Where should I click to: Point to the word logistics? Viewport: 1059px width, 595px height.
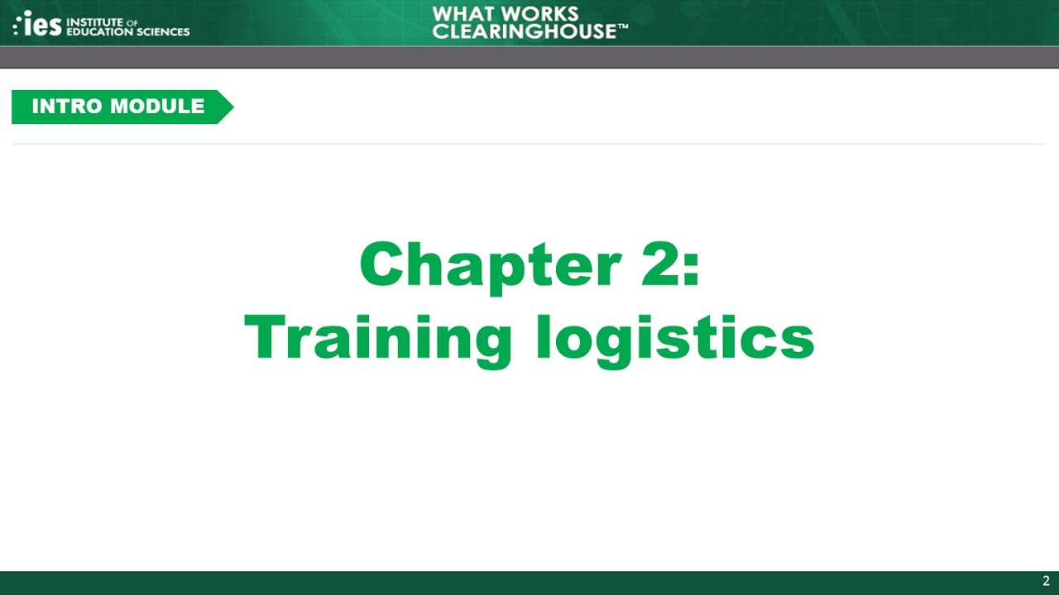(x=675, y=340)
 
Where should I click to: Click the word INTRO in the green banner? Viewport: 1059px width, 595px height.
(x=68, y=107)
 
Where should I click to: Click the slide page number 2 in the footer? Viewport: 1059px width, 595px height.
(x=1046, y=581)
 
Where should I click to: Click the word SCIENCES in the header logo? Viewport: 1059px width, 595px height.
(x=163, y=32)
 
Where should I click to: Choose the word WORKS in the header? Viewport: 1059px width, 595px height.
(x=542, y=14)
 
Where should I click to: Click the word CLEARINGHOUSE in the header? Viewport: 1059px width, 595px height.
(x=525, y=31)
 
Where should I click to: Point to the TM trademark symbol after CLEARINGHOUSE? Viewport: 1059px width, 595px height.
(x=623, y=27)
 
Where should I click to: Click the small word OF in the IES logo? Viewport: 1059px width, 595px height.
(x=132, y=22)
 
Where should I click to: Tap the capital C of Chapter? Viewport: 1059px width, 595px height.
(x=383, y=265)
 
